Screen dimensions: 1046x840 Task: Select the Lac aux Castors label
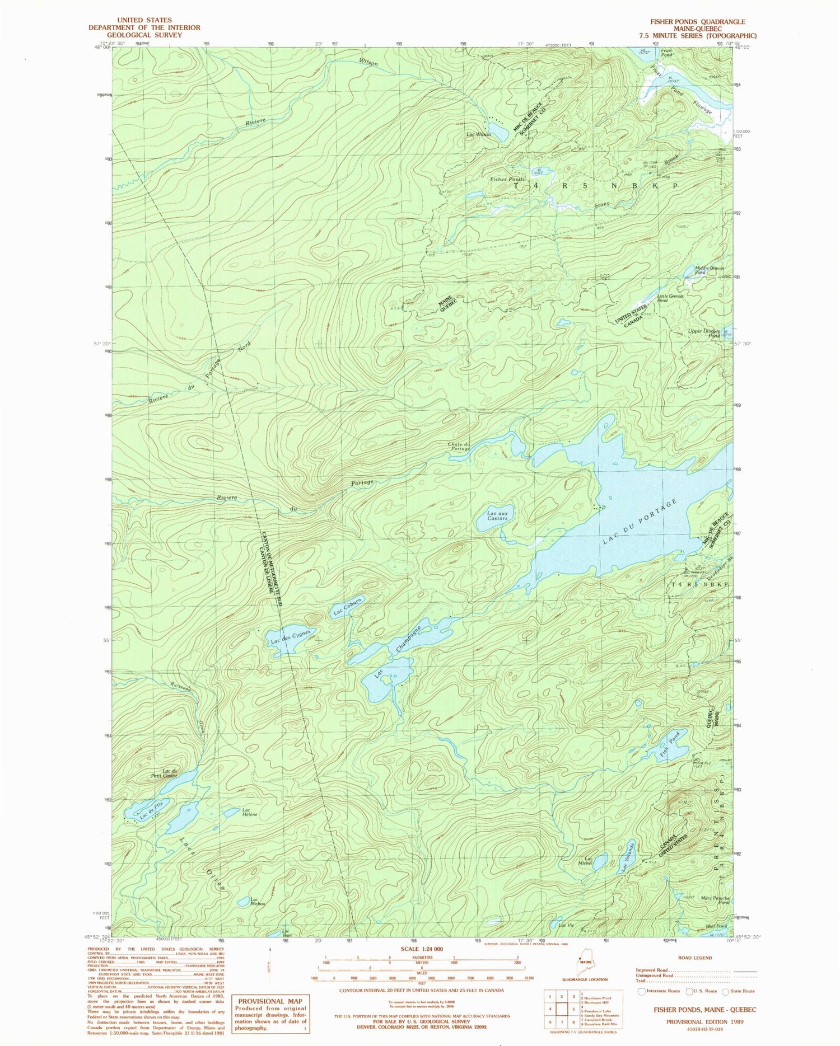tap(497, 515)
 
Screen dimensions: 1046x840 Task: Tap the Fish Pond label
tap(670, 742)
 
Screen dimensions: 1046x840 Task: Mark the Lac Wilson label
tap(478, 134)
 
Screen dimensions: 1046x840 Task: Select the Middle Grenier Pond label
tap(710, 270)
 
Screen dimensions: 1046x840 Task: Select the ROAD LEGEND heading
tap(695, 958)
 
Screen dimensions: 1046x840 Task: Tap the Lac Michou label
tap(258, 902)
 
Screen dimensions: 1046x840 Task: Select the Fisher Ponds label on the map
tap(507, 179)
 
